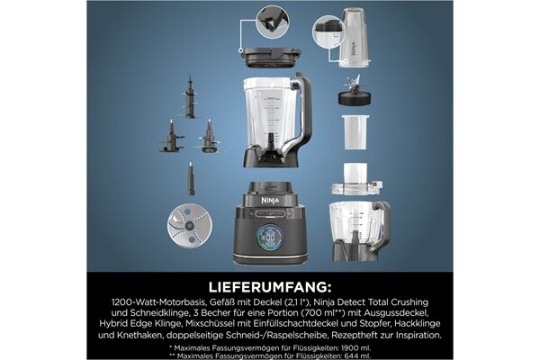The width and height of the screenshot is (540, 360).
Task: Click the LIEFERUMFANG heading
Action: (270, 287)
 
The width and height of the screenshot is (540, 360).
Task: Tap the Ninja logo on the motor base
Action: (270, 200)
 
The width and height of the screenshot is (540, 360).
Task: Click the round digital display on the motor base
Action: (270, 237)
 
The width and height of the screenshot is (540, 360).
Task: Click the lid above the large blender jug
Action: (270, 58)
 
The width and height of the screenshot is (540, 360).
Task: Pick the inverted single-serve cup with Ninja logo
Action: (354, 38)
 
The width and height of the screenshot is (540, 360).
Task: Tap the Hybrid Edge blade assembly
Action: (355, 91)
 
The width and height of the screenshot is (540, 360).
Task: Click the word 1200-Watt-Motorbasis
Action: (158, 302)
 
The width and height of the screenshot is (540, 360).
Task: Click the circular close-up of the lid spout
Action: (273, 22)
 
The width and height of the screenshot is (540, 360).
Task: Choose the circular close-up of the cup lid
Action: (328, 31)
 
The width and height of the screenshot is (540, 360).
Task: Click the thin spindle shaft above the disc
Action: (191, 178)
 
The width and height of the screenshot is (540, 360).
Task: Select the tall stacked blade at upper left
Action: (190, 97)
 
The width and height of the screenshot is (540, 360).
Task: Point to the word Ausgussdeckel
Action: (399, 313)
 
